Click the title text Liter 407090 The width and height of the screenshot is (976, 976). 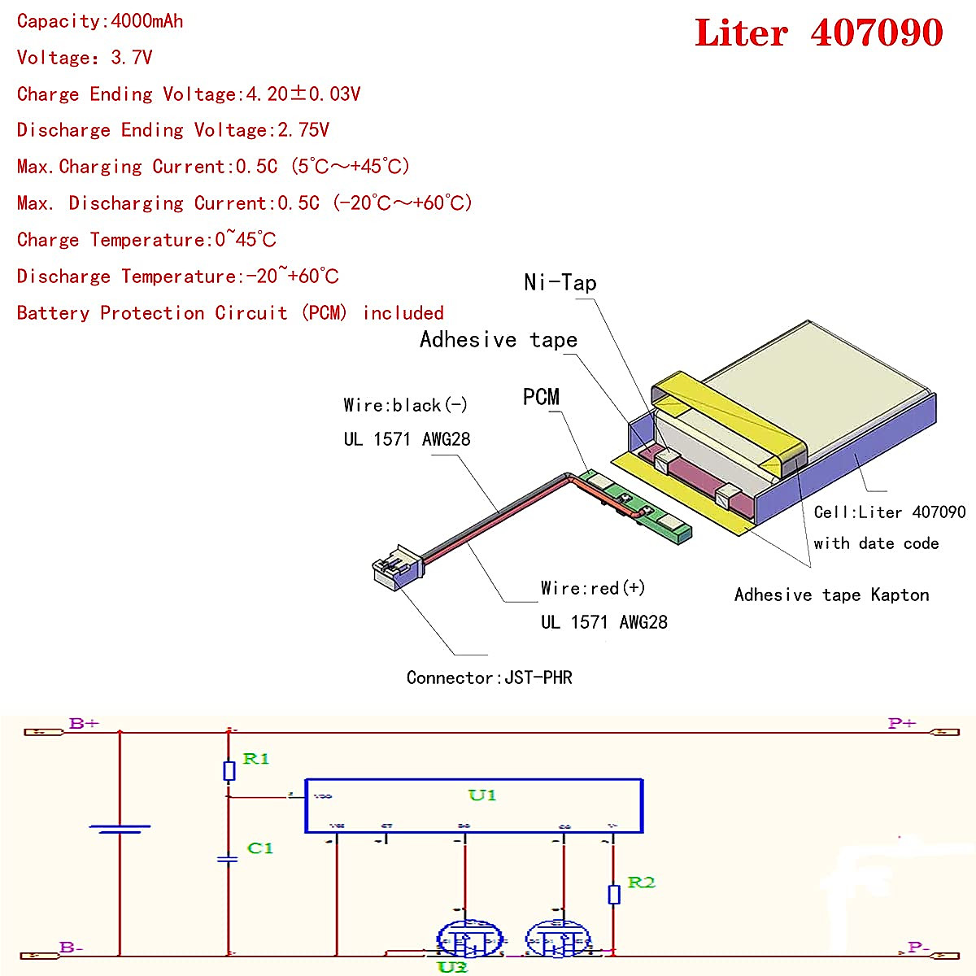(818, 33)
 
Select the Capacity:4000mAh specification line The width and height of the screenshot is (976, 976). (100, 21)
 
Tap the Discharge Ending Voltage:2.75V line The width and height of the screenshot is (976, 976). (172, 130)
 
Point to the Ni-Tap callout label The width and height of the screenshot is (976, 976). (560, 283)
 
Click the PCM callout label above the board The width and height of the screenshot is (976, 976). (541, 397)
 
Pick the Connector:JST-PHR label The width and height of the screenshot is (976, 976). (489, 678)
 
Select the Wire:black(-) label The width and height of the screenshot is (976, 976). (405, 405)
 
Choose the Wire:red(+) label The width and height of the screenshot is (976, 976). (593, 588)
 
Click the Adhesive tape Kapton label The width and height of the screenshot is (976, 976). (831, 595)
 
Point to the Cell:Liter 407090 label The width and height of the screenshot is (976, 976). (889, 512)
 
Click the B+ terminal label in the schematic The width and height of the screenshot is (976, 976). (84, 723)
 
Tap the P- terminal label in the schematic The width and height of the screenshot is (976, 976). (918, 948)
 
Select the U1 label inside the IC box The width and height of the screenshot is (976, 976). (481, 795)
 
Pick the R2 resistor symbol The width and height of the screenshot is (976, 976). (614, 895)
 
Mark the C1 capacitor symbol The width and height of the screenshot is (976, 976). (229, 859)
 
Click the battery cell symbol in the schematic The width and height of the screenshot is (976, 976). (120, 830)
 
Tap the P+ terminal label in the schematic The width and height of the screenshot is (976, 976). (902, 723)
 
